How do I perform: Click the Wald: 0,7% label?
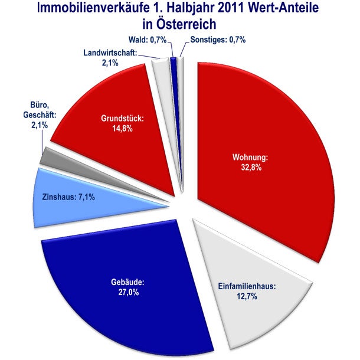click(x=148, y=40)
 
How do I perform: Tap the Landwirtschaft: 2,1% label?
click(x=110, y=57)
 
